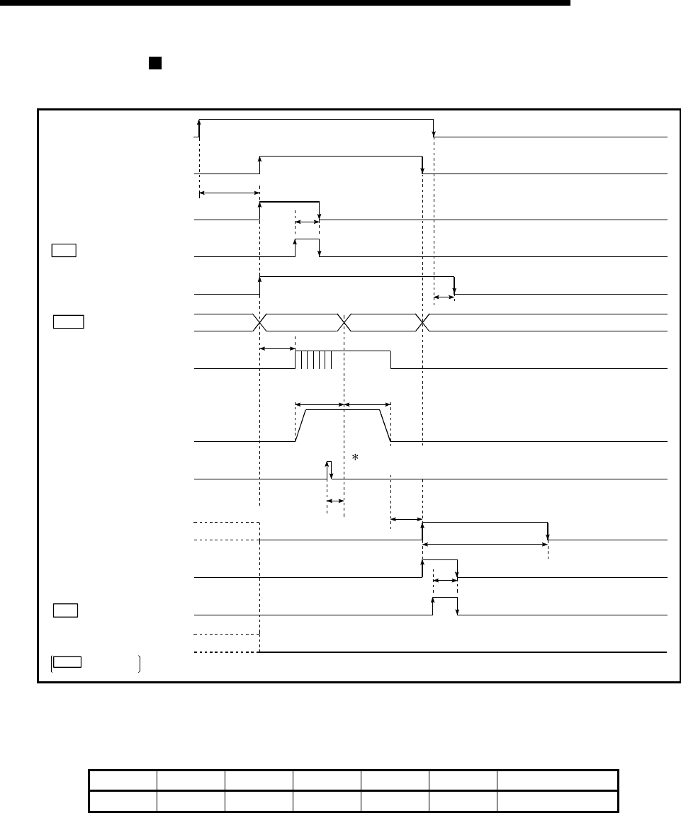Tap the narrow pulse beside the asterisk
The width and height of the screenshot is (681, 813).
pos(329,470)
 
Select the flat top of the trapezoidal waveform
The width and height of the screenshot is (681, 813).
pos(343,410)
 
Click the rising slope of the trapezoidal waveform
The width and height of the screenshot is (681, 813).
pos(300,425)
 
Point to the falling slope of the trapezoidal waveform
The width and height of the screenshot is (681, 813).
pos(385,425)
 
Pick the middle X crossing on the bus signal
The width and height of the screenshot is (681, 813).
pos(345,322)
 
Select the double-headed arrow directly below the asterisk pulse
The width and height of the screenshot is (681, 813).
pos(334,501)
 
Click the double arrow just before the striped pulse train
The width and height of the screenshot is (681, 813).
pos(277,348)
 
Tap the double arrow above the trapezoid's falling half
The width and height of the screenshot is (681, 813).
pos(367,404)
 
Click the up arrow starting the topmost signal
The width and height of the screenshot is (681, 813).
pos(200,128)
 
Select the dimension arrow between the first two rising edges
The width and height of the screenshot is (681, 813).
pos(230,192)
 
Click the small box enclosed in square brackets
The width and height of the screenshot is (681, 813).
pos(68,662)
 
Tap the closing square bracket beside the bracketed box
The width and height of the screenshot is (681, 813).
pos(140,663)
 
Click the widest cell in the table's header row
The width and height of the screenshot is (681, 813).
pos(558,779)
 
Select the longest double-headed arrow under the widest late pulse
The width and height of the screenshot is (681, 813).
pos(485,544)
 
